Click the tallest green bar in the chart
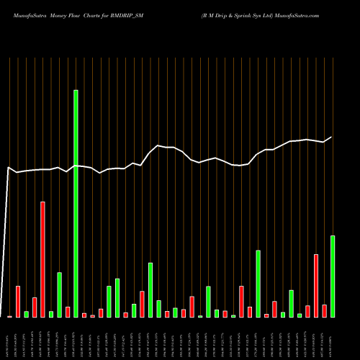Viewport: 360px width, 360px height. point(76,203)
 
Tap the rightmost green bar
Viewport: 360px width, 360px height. point(333,276)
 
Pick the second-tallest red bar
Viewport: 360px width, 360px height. point(316,285)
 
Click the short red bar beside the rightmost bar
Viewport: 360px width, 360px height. point(324,310)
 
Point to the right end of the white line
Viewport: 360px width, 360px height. point(332,137)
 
